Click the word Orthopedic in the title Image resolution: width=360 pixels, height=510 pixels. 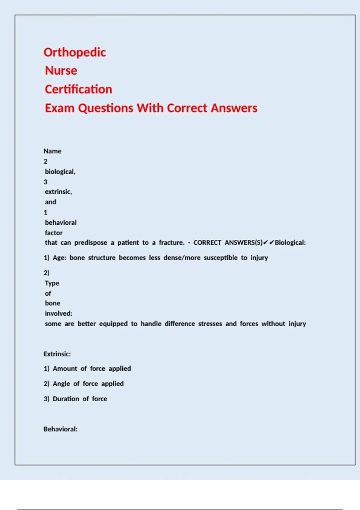[75, 52]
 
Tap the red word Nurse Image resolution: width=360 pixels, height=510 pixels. [61, 71]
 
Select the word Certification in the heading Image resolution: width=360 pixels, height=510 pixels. [79, 89]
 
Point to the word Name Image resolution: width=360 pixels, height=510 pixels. [52, 151]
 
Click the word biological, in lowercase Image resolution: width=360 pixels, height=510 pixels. [60, 172]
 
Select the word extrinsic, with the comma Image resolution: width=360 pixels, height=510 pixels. [58, 192]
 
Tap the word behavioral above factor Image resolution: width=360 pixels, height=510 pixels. [61, 223]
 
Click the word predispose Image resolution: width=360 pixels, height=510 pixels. [91, 243]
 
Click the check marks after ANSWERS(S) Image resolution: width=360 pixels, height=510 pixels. [268, 242]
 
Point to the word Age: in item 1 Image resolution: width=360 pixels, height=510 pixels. [59, 258]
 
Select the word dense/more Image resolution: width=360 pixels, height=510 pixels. [182, 258]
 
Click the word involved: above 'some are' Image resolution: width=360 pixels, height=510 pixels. [58, 313]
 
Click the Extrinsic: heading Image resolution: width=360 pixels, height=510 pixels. [57, 354]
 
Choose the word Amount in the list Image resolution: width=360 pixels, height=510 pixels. [65, 369]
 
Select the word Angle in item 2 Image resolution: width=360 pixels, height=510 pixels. [61, 384]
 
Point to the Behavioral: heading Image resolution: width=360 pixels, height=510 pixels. [60, 429]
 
